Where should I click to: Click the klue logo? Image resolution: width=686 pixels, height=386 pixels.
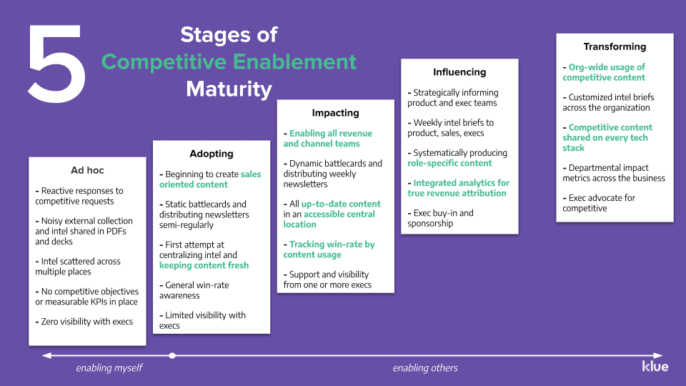click(x=655, y=366)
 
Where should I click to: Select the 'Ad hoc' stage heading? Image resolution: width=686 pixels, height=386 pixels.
click(x=86, y=170)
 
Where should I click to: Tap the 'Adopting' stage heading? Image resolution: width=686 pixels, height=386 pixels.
click(x=211, y=154)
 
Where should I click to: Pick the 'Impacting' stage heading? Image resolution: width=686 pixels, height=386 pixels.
click(x=335, y=113)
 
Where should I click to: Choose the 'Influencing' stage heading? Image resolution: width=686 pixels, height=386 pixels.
click(x=459, y=72)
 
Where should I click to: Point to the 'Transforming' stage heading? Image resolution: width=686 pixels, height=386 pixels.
click(x=615, y=46)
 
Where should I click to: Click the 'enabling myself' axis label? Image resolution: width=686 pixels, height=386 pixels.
click(x=109, y=368)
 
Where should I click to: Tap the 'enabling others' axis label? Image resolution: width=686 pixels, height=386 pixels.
click(x=425, y=368)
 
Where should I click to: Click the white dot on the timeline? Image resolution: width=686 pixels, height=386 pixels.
click(x=172, y=355)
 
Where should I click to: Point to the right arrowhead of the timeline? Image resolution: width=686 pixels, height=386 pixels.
click(x=658, y=355)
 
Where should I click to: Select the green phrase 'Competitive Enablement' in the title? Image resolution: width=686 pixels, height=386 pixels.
click(x=229, y=61)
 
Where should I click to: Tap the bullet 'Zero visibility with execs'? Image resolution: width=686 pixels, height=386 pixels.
click(x=84, y=322)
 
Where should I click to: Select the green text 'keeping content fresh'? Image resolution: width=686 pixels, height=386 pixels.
click(x=204, y=265)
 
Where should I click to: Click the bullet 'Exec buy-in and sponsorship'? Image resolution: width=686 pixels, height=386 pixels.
click(x=440, y=218)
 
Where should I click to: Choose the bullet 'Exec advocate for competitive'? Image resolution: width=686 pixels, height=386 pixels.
click(x=599, y=203)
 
